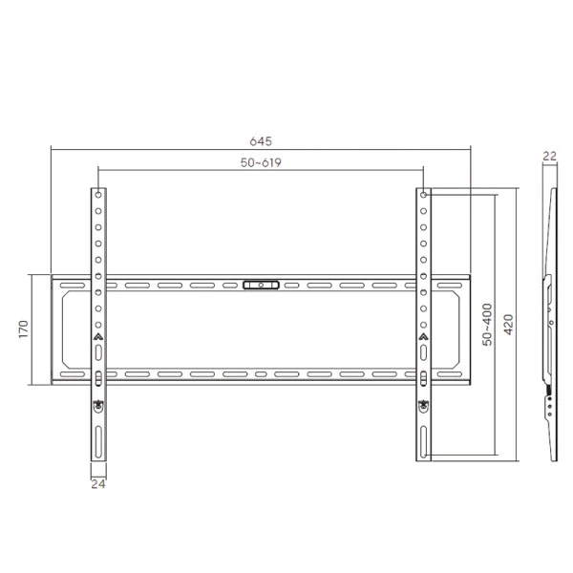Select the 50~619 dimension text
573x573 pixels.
(x=260, y=163)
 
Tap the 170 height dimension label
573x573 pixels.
(x=22, y=329)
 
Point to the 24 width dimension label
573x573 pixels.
(x=98, y=483)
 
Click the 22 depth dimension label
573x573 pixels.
(x=549, y=155)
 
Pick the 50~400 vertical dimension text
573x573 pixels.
(x=487, y=325)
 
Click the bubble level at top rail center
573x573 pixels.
(x=262, y=284)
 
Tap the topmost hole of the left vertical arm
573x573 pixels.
(x=98, y=194)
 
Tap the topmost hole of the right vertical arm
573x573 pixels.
(x=423, y=194)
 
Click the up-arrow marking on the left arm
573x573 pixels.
(x=98, y=336)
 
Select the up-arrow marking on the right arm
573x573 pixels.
(x=423, y=336)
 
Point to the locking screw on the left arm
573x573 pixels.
(x=98, y=406)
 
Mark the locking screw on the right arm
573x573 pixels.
(x=423, y=406)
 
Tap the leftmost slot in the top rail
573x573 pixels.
(x=70, y=285)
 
